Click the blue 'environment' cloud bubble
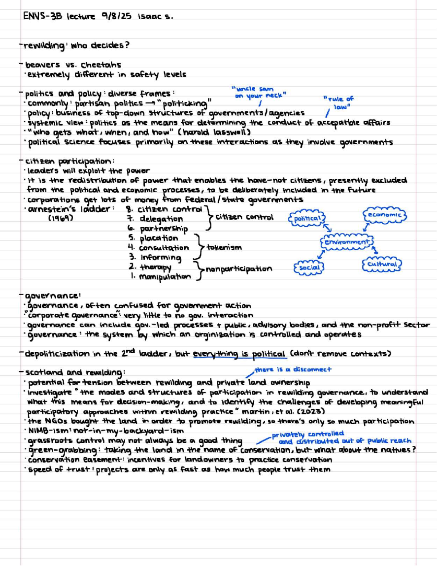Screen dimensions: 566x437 (347, 242)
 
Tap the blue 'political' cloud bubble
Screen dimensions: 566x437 (307, 219)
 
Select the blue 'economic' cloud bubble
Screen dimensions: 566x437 (384, 215)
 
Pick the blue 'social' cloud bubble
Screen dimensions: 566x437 (309, 268)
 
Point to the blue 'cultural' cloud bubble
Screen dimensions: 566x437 (382, 264)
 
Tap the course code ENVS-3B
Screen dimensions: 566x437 (43, 16)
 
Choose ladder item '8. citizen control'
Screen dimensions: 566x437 (164, 209)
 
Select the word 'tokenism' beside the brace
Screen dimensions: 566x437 (224, 247)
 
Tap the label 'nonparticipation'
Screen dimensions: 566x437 (239, 269)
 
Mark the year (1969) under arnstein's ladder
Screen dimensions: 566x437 (61, 218)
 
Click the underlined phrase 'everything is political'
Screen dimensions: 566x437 (239, 354)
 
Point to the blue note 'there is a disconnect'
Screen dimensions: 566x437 (293, 370)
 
